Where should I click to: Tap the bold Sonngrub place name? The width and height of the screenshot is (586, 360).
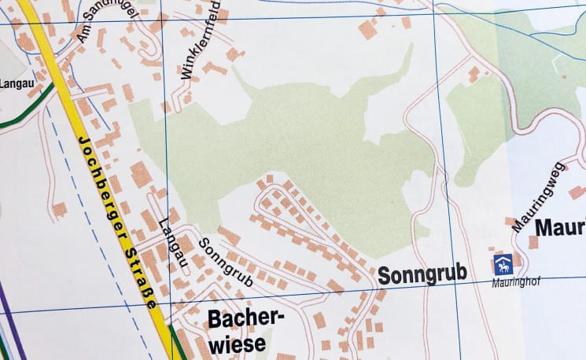tap(422, 274)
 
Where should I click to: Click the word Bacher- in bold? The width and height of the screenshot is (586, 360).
tap(245, 318)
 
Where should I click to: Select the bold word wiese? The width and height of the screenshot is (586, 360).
tap(237, 343)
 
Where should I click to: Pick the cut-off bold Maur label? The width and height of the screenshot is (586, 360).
tap(560, 228)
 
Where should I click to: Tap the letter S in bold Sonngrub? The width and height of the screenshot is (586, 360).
tap(385, 276)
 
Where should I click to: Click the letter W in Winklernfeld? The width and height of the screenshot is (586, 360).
tap(186, 75)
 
